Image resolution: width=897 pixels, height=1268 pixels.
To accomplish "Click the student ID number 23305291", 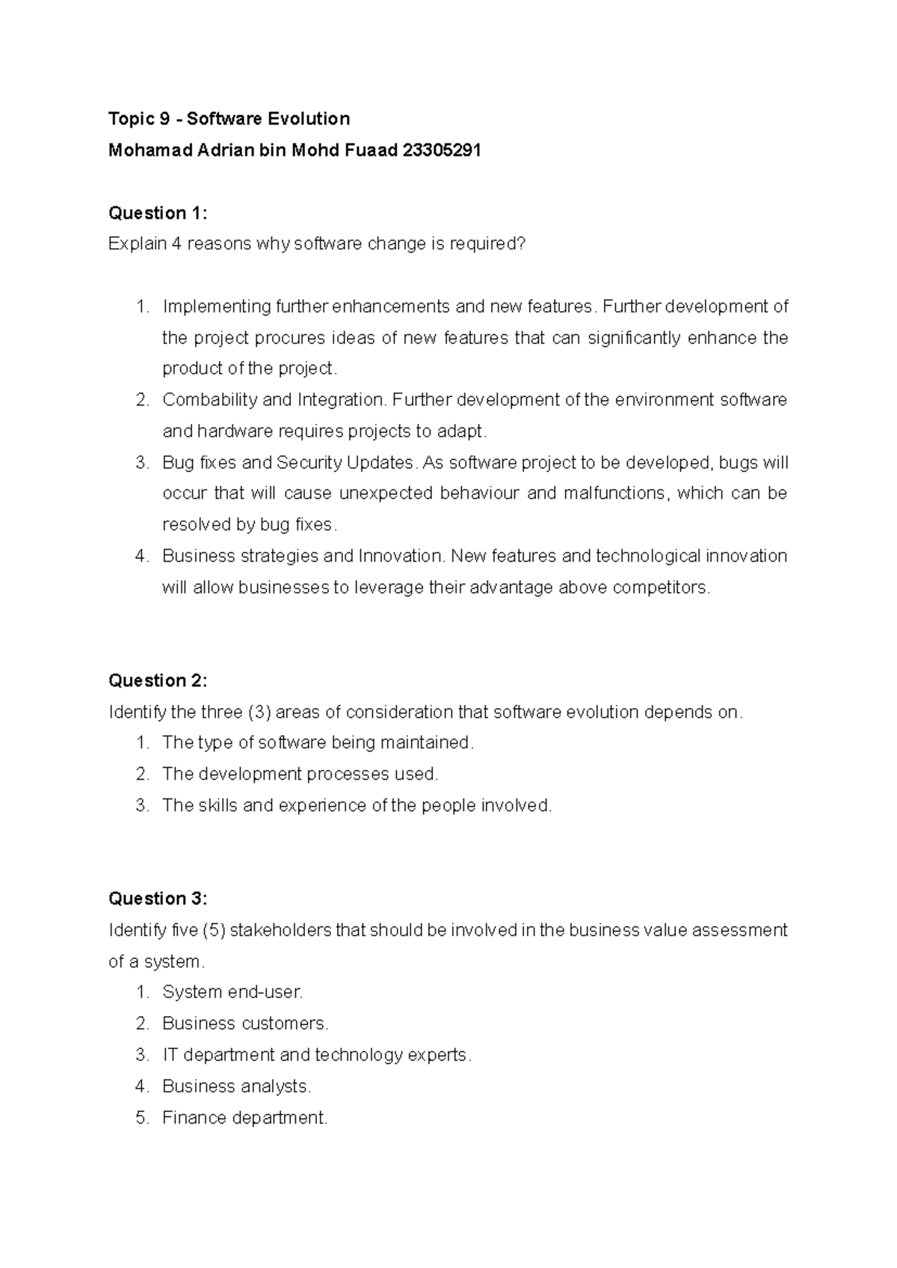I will (441, 150).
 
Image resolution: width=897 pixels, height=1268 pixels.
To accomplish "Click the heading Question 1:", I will (158, 213).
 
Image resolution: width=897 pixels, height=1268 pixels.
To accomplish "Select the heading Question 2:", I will (158, 680).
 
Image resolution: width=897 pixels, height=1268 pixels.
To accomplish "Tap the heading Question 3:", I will (158, 899).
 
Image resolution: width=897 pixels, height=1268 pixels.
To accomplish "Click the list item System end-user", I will (232, 992).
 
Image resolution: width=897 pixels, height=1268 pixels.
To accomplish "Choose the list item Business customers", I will (245, 1024).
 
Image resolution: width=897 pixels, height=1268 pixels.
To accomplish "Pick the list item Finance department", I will (244, 1118).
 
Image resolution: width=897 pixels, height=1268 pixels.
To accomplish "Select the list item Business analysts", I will (236, 1086).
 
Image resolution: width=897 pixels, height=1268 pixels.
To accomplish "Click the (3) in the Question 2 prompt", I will (258, 712).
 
